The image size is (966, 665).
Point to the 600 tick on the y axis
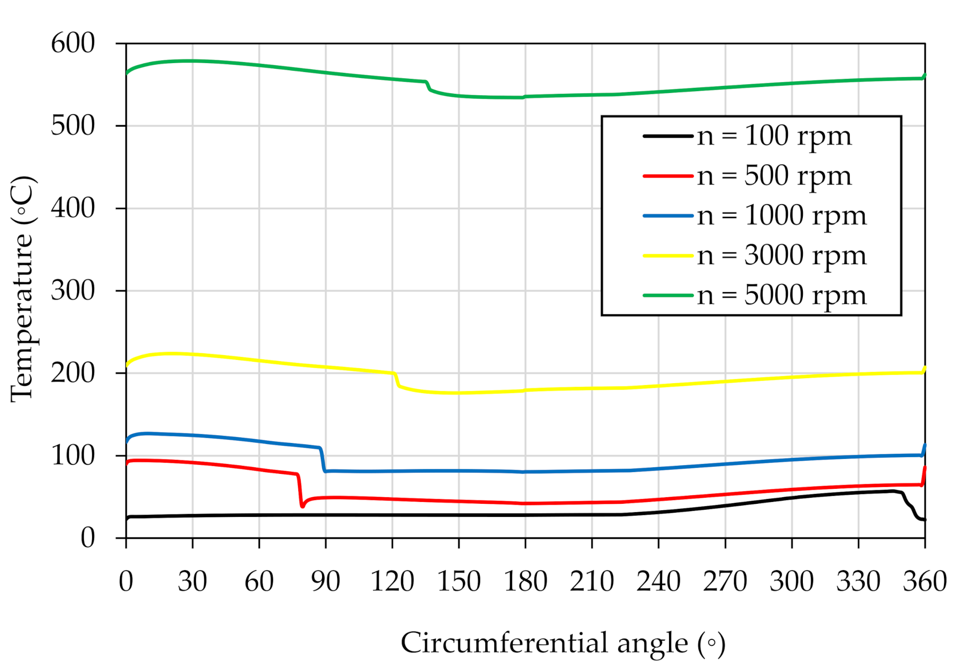click(x=72, y=43)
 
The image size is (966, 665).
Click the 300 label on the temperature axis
click(x=72, y=291)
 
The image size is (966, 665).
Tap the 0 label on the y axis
click(x=87, y=538)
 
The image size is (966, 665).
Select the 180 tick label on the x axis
click(x=525, y=581)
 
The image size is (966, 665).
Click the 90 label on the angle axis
click(x=325, y=581)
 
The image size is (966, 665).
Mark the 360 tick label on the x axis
click(x=924, y=581)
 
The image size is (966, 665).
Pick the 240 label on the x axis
click(x=658, y=581)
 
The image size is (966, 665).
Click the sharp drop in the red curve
click(x=300, y=491)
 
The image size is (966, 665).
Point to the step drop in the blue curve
click(x=322, y=460)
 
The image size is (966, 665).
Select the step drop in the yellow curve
click(x=396, y=380)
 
